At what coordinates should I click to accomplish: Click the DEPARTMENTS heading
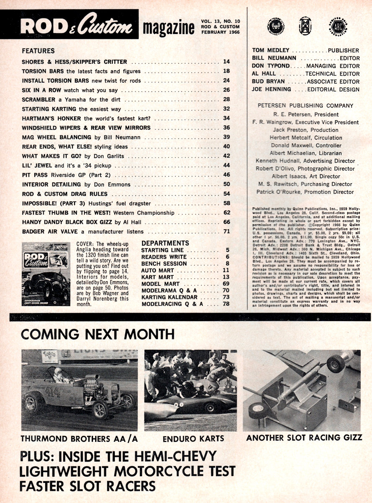tap(165, 243)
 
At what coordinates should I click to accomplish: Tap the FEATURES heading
tap(38, 51)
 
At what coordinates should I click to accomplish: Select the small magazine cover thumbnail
tap(46, 273)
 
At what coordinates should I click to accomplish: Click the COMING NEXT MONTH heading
tap(98, 334)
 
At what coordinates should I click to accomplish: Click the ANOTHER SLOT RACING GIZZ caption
tap(304, 438)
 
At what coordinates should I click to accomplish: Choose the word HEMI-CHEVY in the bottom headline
tap(171, 456)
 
